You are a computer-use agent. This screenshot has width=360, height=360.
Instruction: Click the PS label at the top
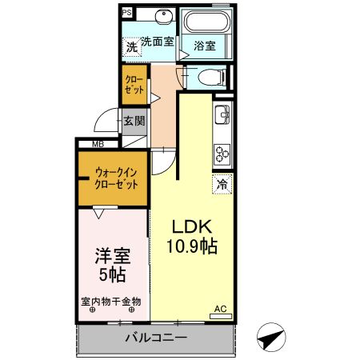127,13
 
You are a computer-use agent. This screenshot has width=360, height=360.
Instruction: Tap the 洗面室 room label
158,42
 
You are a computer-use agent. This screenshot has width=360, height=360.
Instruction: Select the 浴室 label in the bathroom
206,46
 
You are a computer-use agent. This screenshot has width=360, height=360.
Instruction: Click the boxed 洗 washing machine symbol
131,47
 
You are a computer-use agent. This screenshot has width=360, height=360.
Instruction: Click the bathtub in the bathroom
206,22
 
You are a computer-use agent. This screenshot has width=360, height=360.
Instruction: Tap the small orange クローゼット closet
134,86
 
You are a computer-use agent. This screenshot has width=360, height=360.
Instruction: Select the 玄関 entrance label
134,122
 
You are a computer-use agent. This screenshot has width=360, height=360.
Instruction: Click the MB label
98,144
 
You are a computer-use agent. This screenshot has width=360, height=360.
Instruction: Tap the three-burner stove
222,151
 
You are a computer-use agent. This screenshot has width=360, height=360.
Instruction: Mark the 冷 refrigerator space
222,185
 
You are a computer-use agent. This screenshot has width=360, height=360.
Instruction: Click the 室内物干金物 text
112,302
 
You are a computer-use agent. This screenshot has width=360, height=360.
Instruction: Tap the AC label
220,308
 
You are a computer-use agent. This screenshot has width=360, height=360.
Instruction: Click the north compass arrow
271,338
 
